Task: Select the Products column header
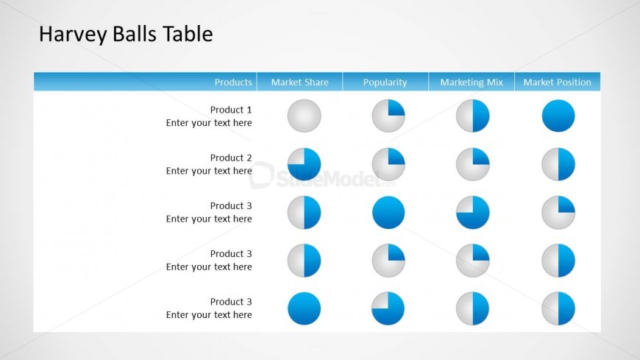pos(233,82)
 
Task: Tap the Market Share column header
pos(299,82)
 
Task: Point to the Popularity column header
pos(385,82)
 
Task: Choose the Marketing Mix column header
pos(472,82)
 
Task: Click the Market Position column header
pos(557,82)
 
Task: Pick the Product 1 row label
pos(231,110)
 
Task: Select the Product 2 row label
pos(231,158)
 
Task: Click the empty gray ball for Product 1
pos(304,116)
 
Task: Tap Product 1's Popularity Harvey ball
pos(388,116)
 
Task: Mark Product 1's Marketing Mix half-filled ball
pos(472,116)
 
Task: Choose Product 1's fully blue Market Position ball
pos(558,116)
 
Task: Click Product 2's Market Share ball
pos(304,164)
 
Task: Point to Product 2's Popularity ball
pos(388,164)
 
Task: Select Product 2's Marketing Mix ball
pos(472,164)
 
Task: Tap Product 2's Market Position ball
pos(558,164)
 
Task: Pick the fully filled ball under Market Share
pos(304,308)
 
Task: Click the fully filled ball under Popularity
pos(388,213)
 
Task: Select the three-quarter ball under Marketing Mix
pos(472,213)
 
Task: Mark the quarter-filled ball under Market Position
pos(558,213)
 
